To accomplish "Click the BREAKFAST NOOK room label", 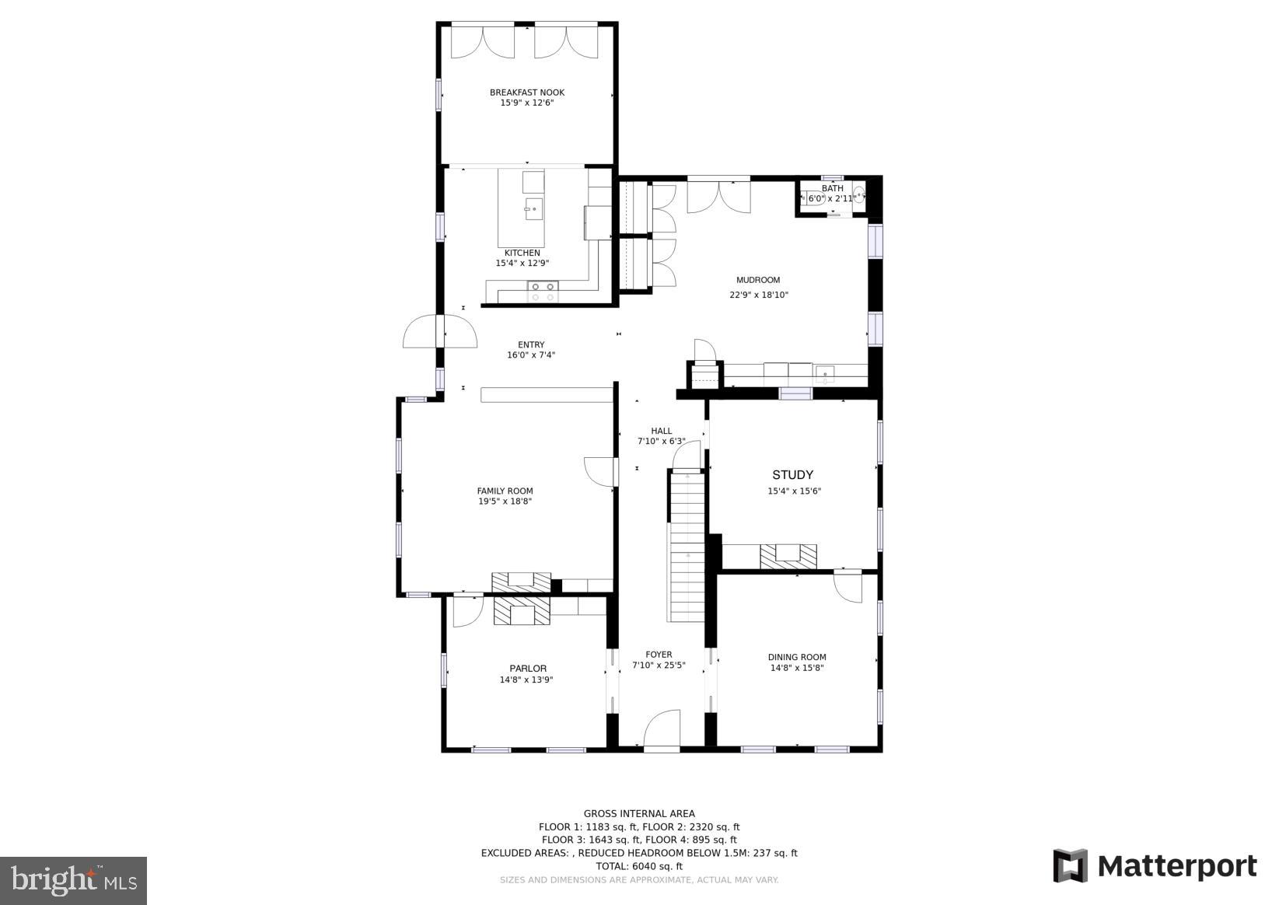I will click(527, 93).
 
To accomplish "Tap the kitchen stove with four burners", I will click(543, 292).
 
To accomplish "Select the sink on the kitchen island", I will click(533, 208).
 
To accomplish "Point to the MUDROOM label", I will click(758, 280).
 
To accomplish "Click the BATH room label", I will click(832, 188).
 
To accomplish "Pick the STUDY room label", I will click(792, 475).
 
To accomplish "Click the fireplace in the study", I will click(788, 555).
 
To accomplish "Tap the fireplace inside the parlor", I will click(522, 611).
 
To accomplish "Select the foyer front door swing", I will click(662, 729).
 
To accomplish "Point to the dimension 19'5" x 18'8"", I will click(505, 501).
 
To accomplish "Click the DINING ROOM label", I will click(797, 657).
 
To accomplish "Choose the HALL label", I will click(662, 431).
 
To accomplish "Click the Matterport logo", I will click(1155, 866).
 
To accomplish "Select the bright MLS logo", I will click(74, 880).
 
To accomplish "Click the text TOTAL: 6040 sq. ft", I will click(639, 866).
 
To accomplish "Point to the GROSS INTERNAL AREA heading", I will click(639, 814).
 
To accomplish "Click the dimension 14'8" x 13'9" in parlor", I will click(526, 680).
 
